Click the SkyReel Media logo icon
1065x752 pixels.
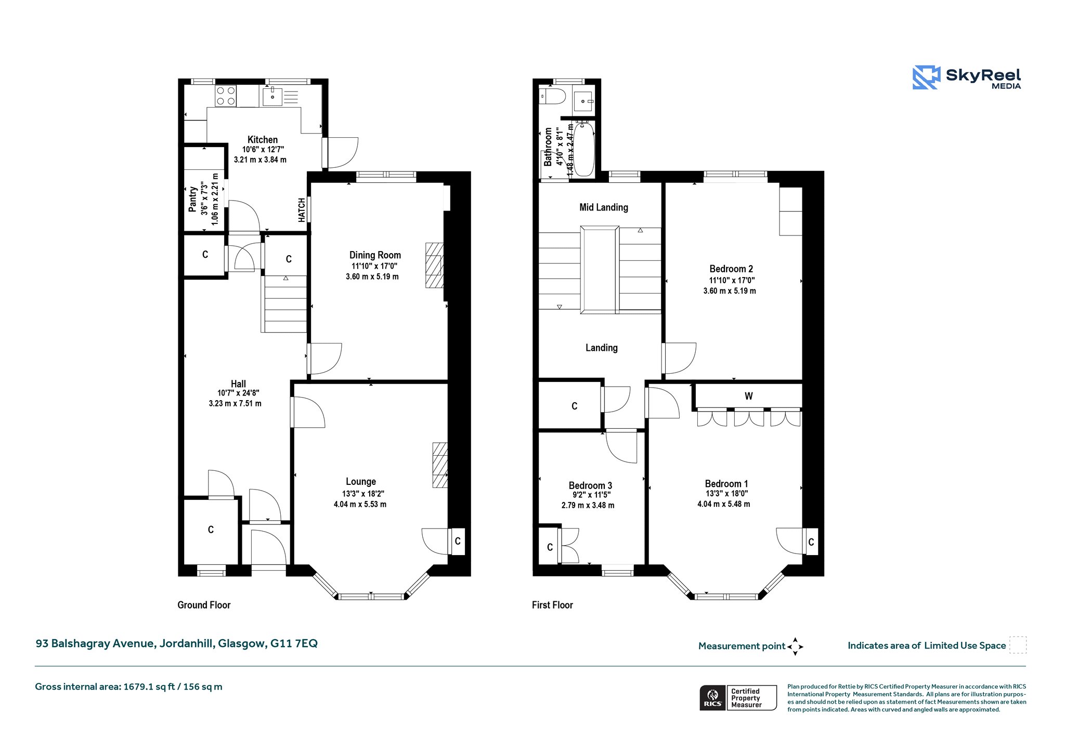pyautogui.click(x=926, y=77)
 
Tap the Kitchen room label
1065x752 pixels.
pyautogui.click(x=263, y=139)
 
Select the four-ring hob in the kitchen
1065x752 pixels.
pyautogui.click(x=226, y=96)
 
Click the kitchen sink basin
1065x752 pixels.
pyautogui.click(x=272, y=97)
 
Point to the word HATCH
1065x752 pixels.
pyautogui.click(x=302, y=210)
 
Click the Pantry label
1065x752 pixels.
pyautogui.click(x=192, y=199)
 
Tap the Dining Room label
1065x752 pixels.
pyautogui.click(x=375, y=255)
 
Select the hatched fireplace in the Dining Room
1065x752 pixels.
pyautogui.click(x=434, y=265)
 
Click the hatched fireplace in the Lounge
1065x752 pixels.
pyautogui.click(x=440, y=465)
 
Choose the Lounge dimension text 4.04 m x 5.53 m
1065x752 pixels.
pyautogui.click(x=360, y=504)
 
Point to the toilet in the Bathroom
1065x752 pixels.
pyautogui.click(x=552, y=96)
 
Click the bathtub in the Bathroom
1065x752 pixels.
pyautogui.click(x=584, y=149)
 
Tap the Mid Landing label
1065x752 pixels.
pyautogui.click(x=604, y=207)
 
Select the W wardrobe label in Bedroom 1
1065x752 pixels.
pyautogui.click(x=748, y=396)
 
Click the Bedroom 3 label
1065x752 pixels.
pyautogui.click(x=590, y=485)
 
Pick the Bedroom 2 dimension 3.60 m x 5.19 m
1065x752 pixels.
pyautogui.click(x=730, y=291)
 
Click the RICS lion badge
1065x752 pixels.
pyautogui.click(x=713, y=697)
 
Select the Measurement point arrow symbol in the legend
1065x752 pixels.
pyautogui.click(x=795, y=647)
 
